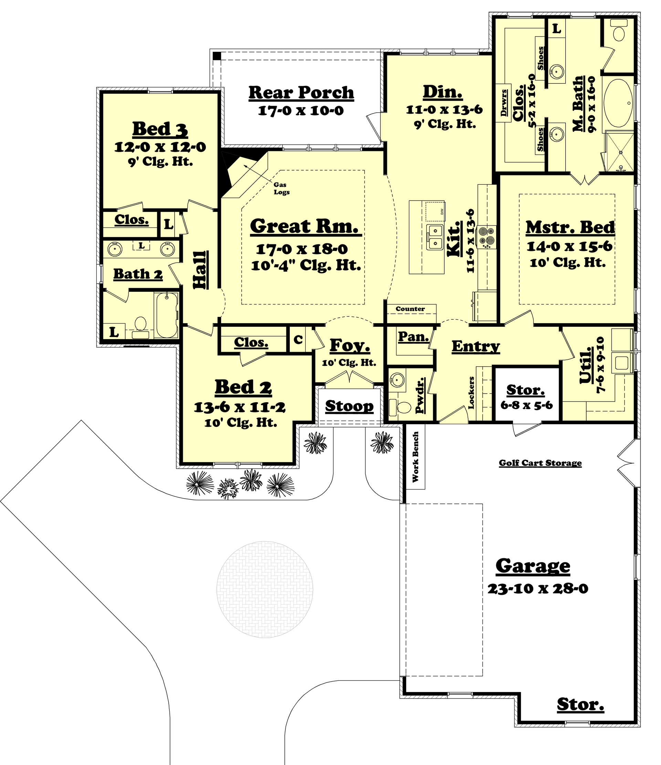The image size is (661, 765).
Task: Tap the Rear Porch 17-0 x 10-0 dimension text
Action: coord(301,110)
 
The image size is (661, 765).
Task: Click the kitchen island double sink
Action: coord(434,237)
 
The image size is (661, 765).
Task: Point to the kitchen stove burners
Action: coord(487,237)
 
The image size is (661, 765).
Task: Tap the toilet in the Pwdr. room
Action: coord(401,407)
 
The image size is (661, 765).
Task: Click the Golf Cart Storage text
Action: coord(540,463)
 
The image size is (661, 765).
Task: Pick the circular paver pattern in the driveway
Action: coord(264,589)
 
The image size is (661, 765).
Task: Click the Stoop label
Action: coord(349,406)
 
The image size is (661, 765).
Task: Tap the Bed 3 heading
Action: coord(160,129)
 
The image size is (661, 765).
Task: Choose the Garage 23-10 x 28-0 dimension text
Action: coord(537,589)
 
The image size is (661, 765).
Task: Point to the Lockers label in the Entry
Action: coord(471,393)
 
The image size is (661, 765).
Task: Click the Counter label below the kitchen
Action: coord(410,309)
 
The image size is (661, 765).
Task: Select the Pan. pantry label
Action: coord(413,336)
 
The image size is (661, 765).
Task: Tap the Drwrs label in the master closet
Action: coord(504,103)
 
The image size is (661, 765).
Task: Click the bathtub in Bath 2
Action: coord(166,315)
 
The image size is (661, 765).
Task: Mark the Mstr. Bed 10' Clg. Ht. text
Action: coord(567,263)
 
